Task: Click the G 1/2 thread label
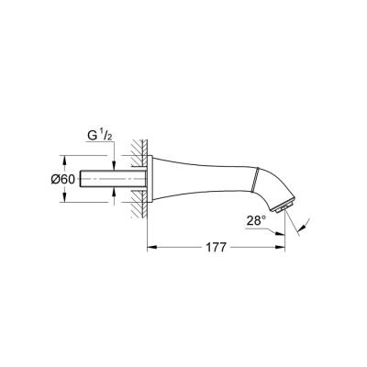point(98,135)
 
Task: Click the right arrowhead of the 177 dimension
point(283,246)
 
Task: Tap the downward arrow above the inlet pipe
point(114,163)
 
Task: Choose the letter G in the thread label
point(92,136)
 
